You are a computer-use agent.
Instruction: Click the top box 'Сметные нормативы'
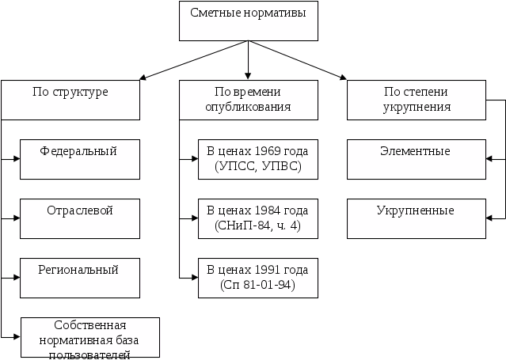(249, 21)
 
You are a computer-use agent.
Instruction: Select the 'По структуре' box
(70, 100)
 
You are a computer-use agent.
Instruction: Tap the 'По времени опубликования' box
(249, 100)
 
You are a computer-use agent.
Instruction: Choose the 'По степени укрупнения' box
(417, 100)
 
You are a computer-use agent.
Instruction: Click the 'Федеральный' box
(80, 159)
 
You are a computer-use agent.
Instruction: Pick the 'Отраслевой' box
(80, 218)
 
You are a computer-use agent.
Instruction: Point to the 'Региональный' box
(80, 278)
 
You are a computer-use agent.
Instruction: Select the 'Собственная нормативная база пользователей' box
(90, 337)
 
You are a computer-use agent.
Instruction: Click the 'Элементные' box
(417, 159)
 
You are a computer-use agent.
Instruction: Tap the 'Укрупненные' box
(417, 218)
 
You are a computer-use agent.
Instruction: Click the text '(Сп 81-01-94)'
(258, 285)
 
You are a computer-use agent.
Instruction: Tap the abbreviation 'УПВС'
(280, 166)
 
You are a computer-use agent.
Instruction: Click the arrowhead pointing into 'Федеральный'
(16, 159)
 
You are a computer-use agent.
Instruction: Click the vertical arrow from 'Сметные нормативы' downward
(248, 60)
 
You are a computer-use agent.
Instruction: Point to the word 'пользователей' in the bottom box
(89, 354)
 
